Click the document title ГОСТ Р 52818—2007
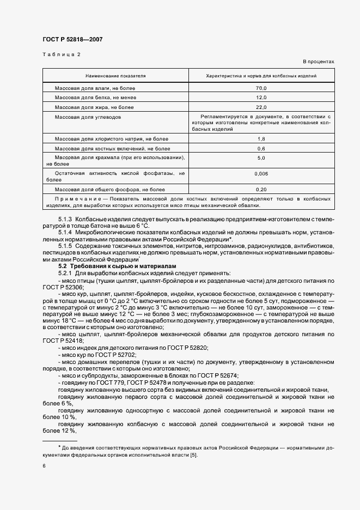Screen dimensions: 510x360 (x=72, y=39)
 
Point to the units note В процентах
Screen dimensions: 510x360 (x=319, y=62)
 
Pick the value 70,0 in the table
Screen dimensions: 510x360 (x=261, y=88)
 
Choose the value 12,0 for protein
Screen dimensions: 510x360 (x=261, y=98)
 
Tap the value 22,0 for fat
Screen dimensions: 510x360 (x=261, y=107)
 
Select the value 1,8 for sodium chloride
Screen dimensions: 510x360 (x=261, y=139)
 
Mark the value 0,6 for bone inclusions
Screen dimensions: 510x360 (x=261, y=149)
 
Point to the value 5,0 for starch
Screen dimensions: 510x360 (x=261, y=158)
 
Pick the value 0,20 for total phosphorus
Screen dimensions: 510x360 (x=261, y=189)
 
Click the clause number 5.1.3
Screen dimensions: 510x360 (x=66, y=218)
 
